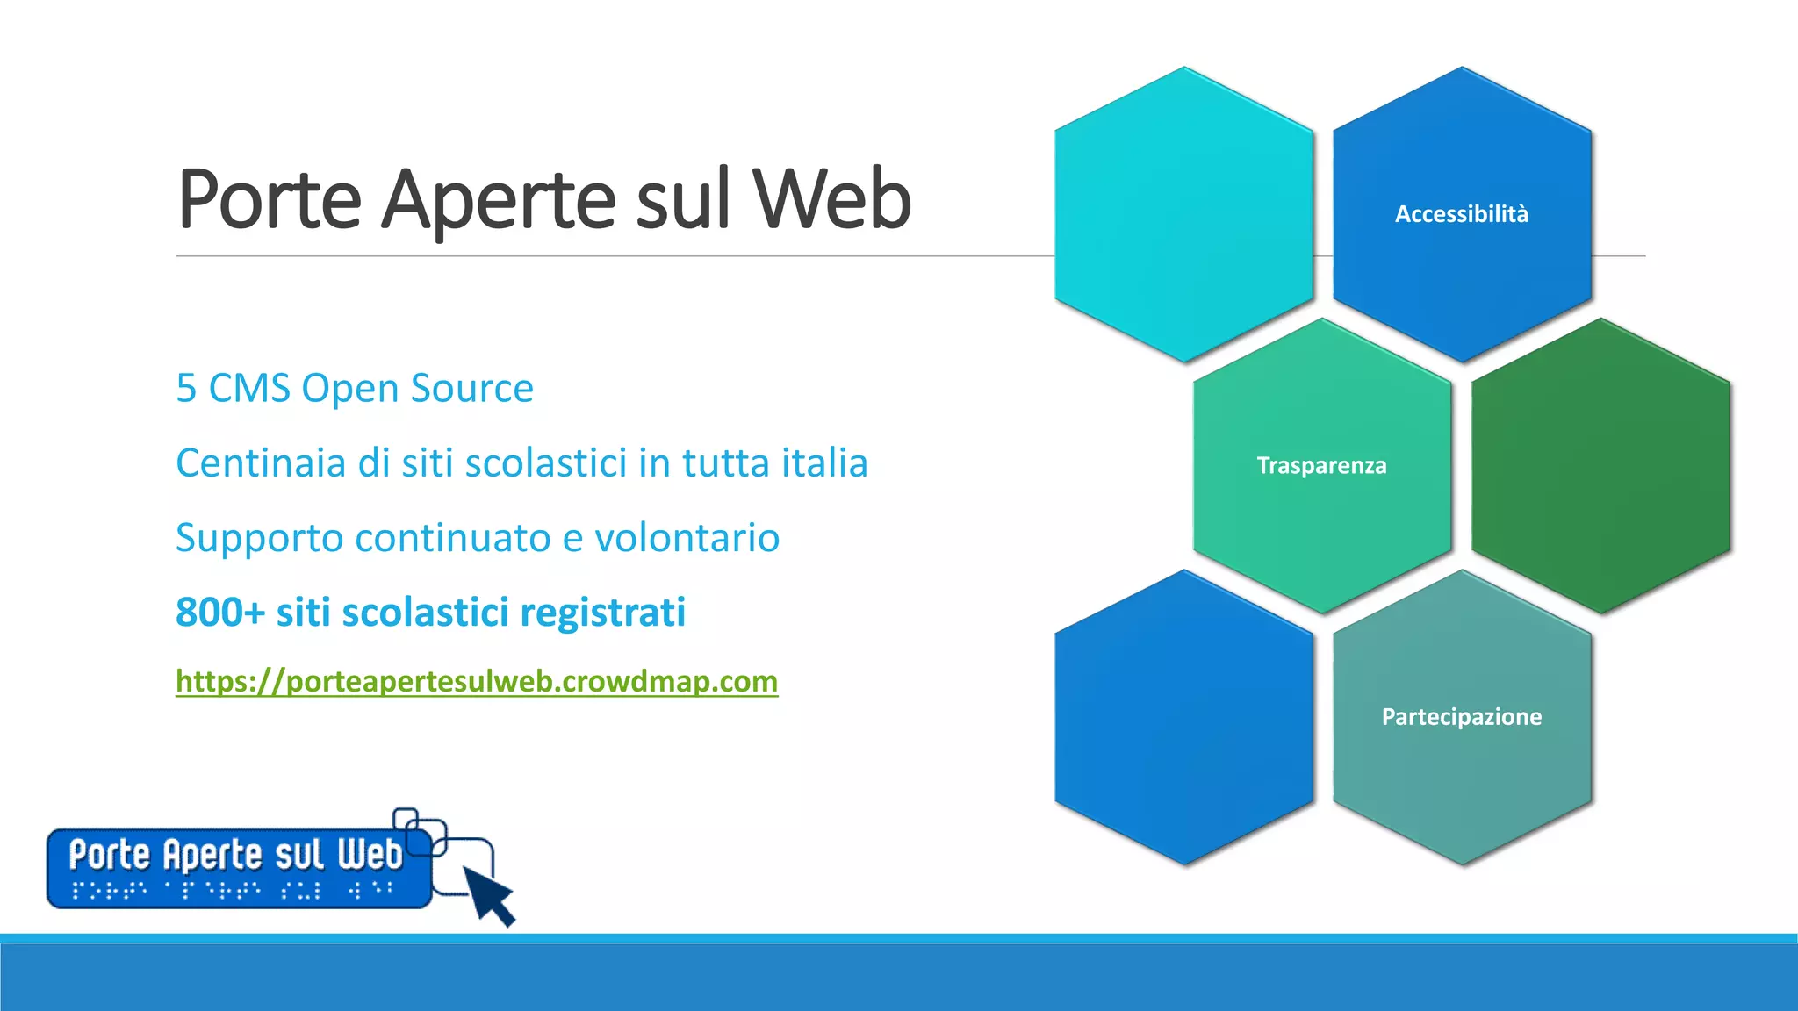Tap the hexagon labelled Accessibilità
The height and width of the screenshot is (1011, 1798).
click(x=1462, y=214)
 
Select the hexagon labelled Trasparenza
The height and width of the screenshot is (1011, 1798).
click(x=1321, y=465)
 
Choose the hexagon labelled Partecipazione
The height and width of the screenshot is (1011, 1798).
click(x=1462, y=717)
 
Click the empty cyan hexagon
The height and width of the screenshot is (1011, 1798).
click(x=1183, y=214)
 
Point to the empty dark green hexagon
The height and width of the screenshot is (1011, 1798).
click(x=1600, y=465)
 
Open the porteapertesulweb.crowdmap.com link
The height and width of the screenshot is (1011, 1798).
click(x=477, y=681)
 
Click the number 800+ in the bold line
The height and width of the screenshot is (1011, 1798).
click(x=219, y=613)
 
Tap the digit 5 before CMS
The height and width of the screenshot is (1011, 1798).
click(x=186, y=389)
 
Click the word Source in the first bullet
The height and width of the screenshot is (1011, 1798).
click(x=471, y=389)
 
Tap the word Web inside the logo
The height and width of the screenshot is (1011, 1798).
click(x=370, y=854)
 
